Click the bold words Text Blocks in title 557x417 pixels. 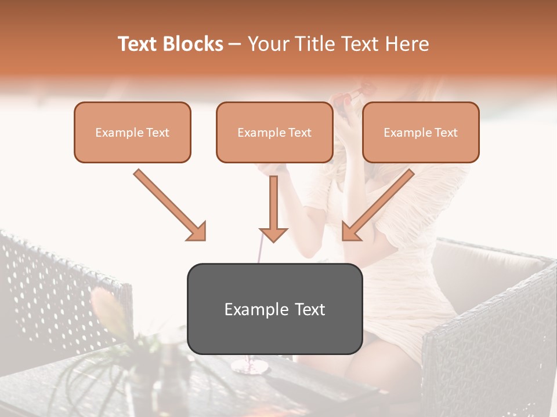[171, 45]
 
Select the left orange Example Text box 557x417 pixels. [132, 133]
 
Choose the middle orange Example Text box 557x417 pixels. [274, 133]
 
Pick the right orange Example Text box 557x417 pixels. [421, 133]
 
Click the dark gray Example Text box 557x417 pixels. [274, 309]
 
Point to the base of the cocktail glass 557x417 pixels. [249, 367]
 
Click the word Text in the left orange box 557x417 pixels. [158, 133]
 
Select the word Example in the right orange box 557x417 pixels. [407, 133]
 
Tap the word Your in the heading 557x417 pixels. [267, 45]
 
